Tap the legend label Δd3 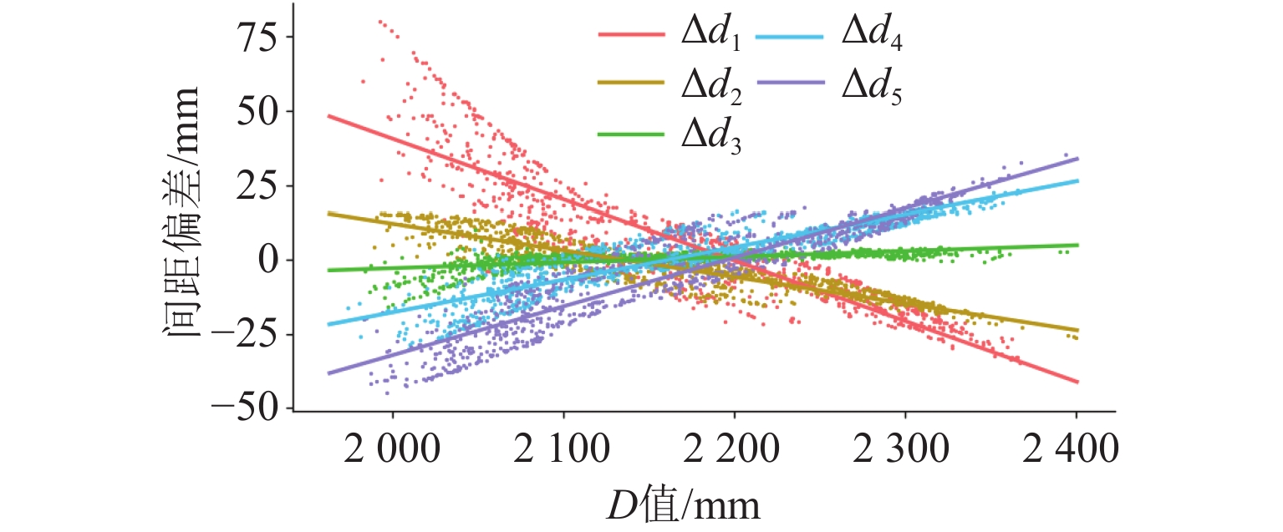point(708,135)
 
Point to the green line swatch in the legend point(630,133)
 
